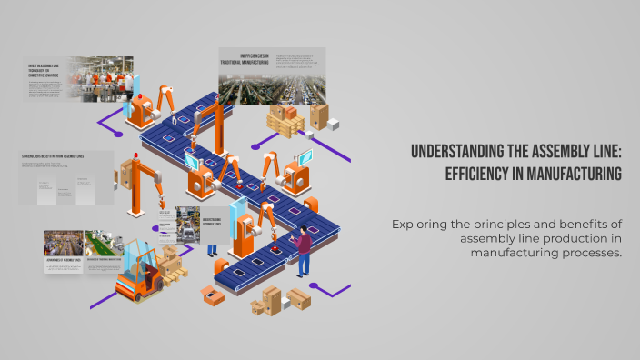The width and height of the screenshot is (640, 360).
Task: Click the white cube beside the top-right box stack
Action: pyautogui.click(x=334, y=125)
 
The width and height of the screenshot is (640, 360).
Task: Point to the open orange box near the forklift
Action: pyautogui.click(x=212, y=294)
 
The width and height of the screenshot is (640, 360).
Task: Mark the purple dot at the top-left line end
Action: pyautogui.click(x=100, y=119)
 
